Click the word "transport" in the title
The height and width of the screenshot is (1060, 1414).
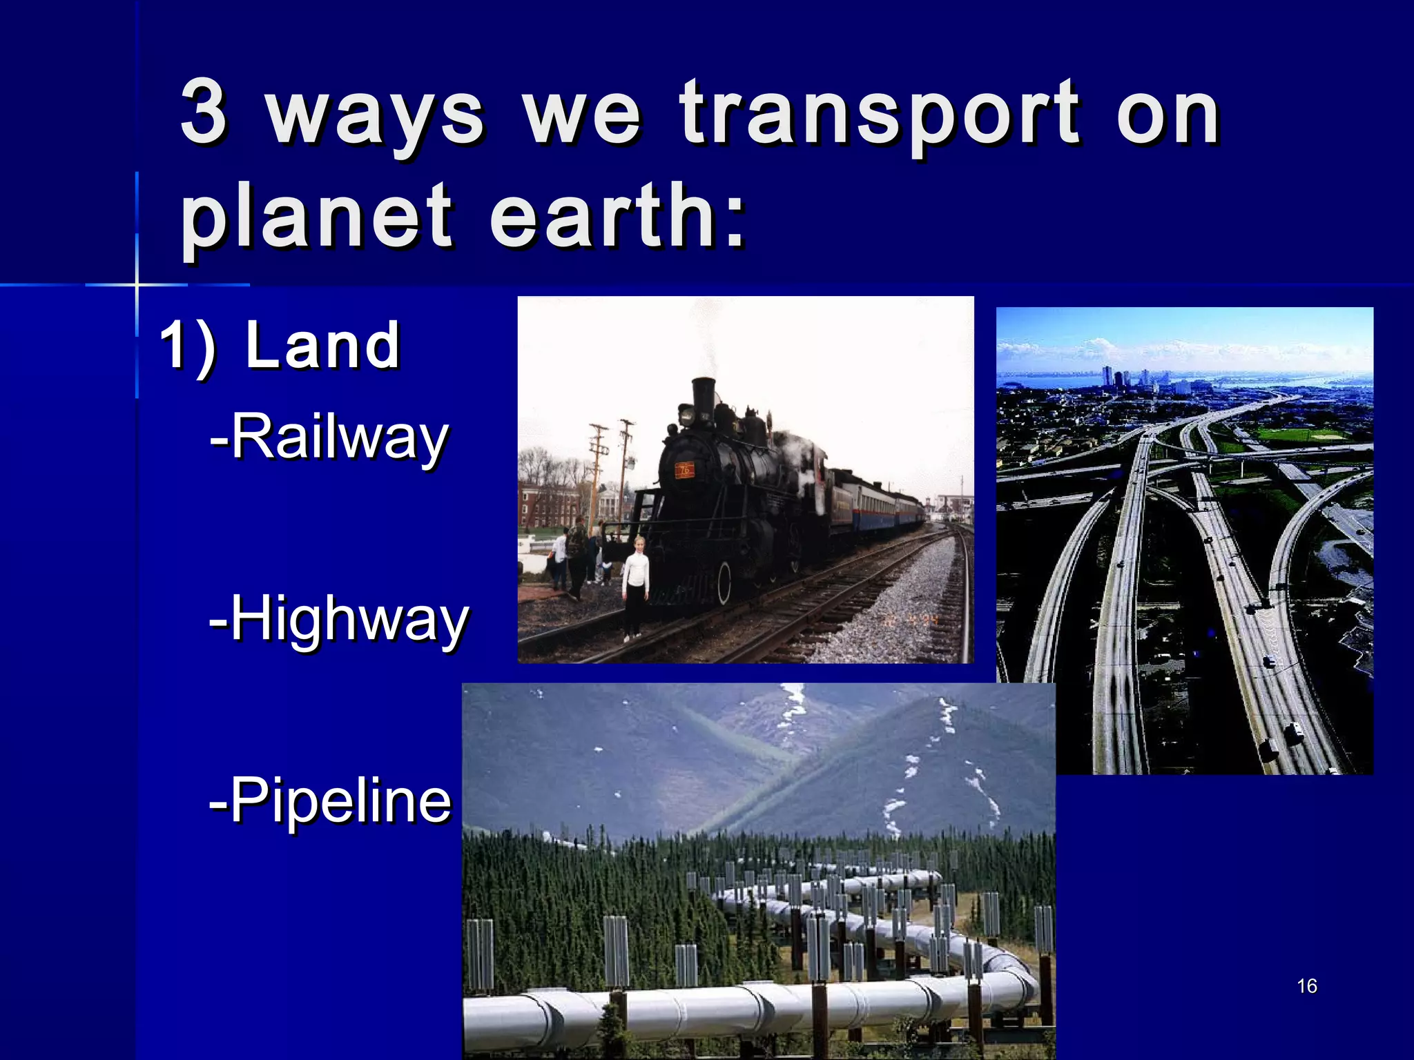click(879, 114)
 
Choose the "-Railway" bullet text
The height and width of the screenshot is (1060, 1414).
click(329, 437)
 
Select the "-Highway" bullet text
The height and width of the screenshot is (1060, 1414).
click(338, 619)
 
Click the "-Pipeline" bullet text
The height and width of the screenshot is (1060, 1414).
click(330, 801)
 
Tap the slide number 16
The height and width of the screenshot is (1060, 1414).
click(1307, 985)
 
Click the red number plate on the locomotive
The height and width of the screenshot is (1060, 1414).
click(684, 470)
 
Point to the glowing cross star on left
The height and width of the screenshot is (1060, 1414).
click(137, 284)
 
